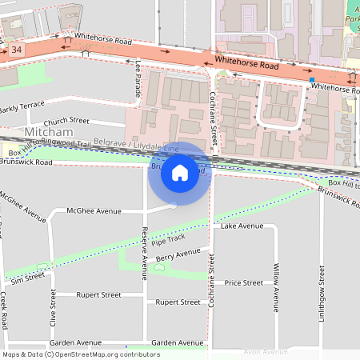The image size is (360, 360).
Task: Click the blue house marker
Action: (180, 173)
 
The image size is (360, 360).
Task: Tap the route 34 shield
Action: (17, 50)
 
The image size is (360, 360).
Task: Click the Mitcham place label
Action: (48, 131)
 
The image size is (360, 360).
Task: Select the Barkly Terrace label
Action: (22, 107)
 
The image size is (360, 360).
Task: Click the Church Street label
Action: (66, 120)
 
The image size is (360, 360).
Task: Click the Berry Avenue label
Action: (178, 255)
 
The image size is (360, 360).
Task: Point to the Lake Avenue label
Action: (242, 226)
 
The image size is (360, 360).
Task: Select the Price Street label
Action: (244, 282)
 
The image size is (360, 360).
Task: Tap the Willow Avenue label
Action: (276, 286)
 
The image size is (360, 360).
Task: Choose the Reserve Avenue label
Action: (144, 252)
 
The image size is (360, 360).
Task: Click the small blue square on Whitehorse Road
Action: (311, 80)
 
